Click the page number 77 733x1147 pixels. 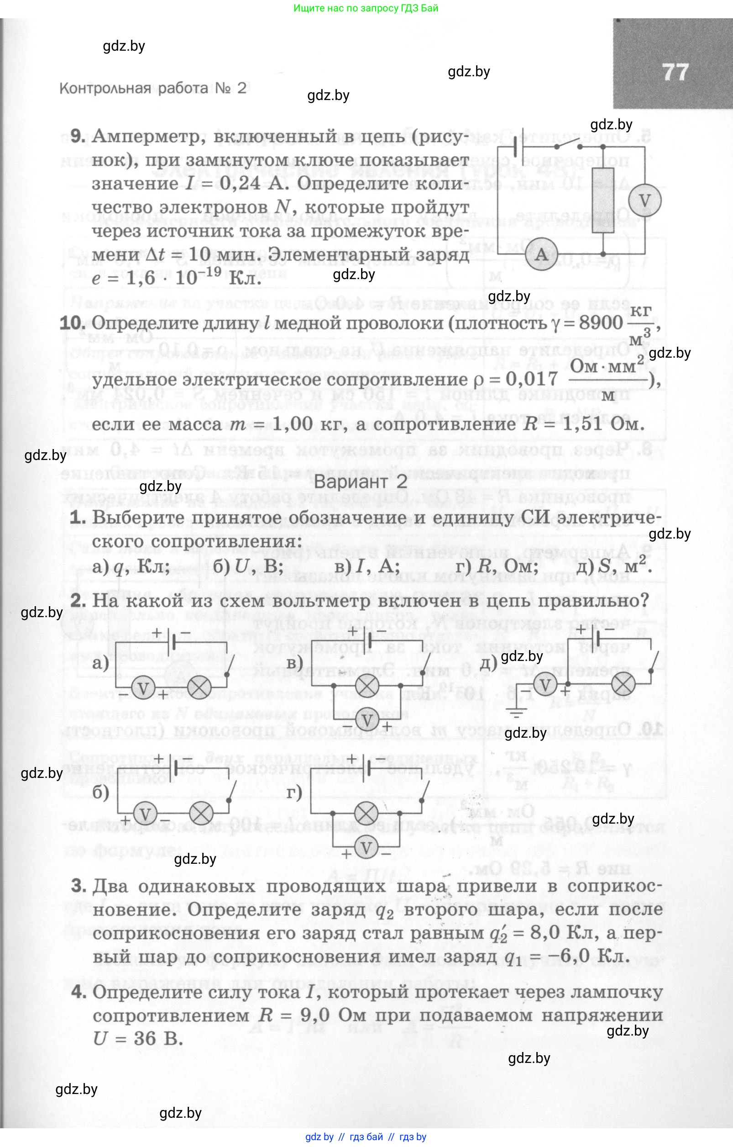(675, 73)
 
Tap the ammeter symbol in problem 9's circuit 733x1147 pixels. (542, 254)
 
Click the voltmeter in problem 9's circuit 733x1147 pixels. (644, 200)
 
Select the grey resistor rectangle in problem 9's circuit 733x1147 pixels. (602, 201)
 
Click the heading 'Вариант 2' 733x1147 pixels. (360, 481)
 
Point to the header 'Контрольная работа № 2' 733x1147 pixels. (153, 88)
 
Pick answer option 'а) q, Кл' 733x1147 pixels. (131, 566)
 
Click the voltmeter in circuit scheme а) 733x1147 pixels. (143, 688)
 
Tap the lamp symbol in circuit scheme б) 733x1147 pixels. (201, 814)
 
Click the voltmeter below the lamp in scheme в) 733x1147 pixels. (367, 720)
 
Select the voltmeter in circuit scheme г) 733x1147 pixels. (366, 848)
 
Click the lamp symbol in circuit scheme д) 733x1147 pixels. (623, 685)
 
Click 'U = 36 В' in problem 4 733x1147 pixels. (138, 1038)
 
